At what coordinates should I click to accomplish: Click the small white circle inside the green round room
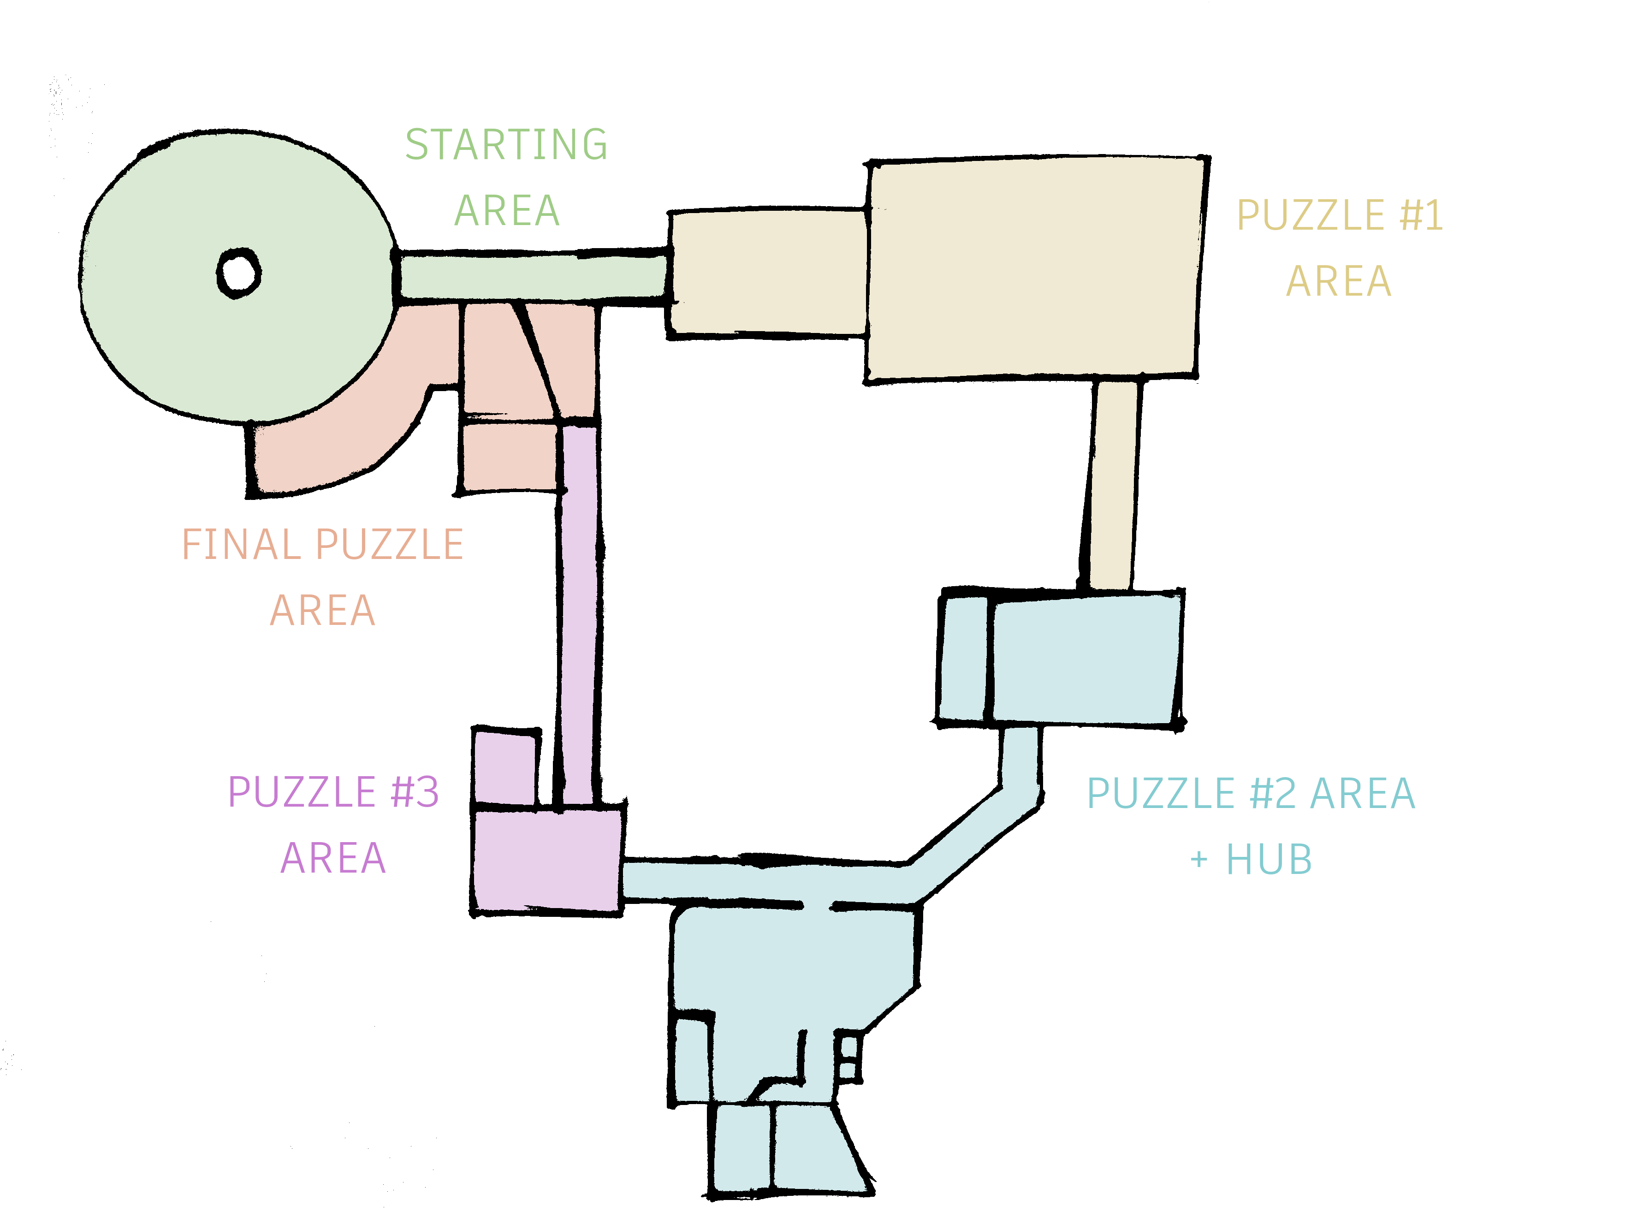point(238,273)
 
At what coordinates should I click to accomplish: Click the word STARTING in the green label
point(506,144)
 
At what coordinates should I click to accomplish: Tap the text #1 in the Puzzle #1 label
point(1421,216)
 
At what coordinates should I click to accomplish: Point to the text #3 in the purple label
point(415,792)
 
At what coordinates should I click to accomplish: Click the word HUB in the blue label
point(1269,860)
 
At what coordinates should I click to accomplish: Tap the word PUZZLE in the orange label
point(390,545)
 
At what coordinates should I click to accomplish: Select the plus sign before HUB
point(1198,859)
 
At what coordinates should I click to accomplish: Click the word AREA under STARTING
point(507,211)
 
